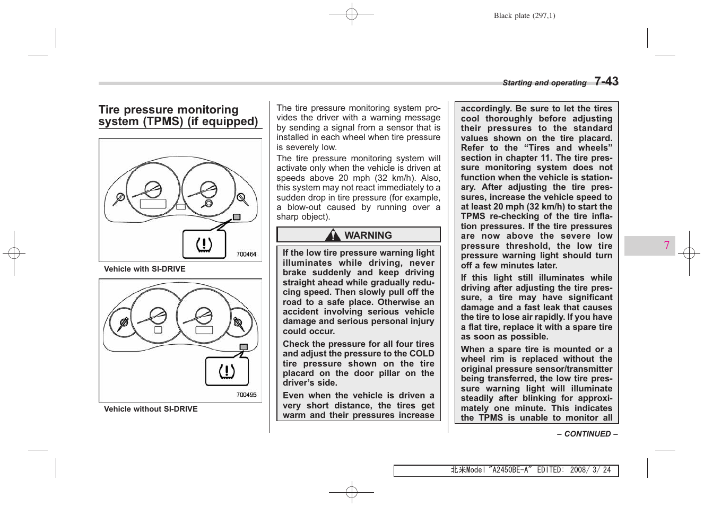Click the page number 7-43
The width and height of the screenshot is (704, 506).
(606, 81)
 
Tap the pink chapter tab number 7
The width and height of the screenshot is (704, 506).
(666, 245)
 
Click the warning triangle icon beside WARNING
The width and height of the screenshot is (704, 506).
(333, 234)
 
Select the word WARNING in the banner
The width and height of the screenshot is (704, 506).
(368, 235)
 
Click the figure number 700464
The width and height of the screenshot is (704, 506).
(246, 255)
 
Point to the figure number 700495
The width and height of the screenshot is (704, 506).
(246, 395)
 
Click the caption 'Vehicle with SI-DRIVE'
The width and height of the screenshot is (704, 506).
(144, 269)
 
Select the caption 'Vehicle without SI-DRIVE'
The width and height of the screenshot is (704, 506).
(151, 409)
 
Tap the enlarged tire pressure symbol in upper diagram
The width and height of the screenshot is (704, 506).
(204, 244)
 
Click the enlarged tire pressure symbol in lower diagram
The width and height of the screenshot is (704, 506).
(227, 371)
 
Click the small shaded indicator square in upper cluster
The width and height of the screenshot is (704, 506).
(237, 217)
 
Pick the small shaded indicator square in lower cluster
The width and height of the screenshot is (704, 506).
(244, 347)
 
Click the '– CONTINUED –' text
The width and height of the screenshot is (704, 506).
(587, 434)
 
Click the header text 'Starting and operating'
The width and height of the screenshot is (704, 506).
(544, 83)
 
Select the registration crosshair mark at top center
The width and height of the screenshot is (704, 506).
(351, 14)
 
